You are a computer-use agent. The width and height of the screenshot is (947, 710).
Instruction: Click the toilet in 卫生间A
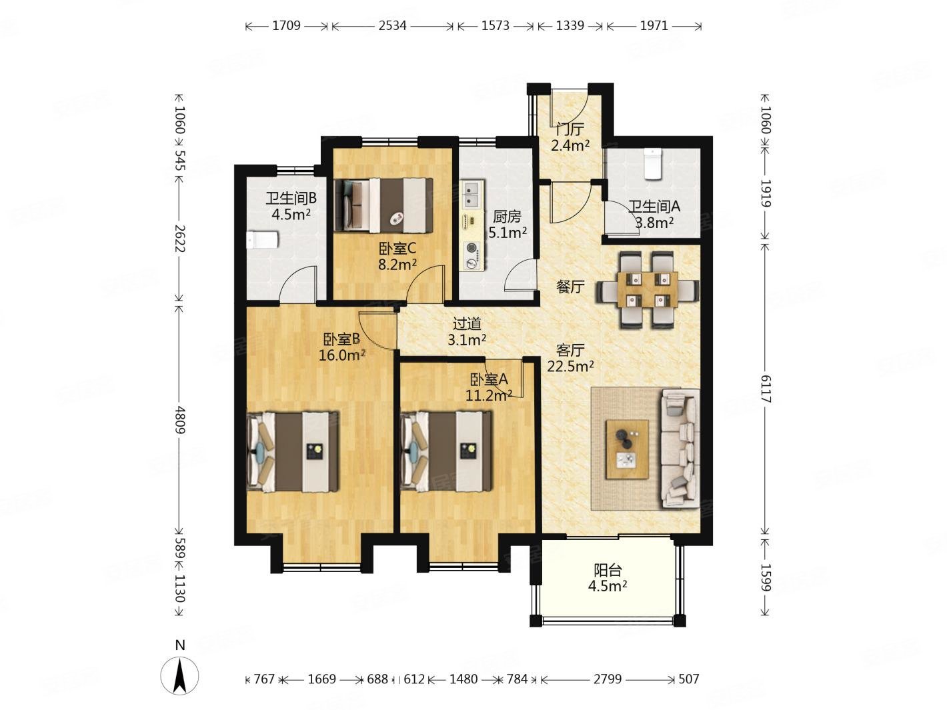[x=652, y=163]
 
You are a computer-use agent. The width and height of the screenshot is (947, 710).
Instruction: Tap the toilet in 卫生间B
[x=261, y=240]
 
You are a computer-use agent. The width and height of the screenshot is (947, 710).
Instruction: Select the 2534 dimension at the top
[x=392, y=26]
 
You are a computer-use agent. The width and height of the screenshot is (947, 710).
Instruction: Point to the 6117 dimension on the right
[x=766, y=389]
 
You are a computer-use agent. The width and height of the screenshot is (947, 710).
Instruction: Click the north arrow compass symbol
[x=179, y=676]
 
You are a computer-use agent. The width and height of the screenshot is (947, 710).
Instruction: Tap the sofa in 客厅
[x=680, y=448]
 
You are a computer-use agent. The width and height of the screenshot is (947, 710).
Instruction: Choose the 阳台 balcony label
[x=608, y=570]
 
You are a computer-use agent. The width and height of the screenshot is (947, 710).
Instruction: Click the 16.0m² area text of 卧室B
[x=343, y=355]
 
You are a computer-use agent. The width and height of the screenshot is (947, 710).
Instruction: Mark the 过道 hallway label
[x=467, y=324]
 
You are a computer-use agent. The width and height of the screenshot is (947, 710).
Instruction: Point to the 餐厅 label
[x=570, y=286]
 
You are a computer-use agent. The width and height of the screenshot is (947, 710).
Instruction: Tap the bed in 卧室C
[x=383, y=205]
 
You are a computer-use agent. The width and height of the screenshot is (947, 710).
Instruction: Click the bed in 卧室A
[x=446, y=451]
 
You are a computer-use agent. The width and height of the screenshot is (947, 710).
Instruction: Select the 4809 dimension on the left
[x=180, y=419]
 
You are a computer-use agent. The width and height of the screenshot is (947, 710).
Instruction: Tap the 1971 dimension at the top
[x=654, y=26]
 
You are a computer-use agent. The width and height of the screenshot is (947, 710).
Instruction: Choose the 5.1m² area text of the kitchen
[x=508, y=233]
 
